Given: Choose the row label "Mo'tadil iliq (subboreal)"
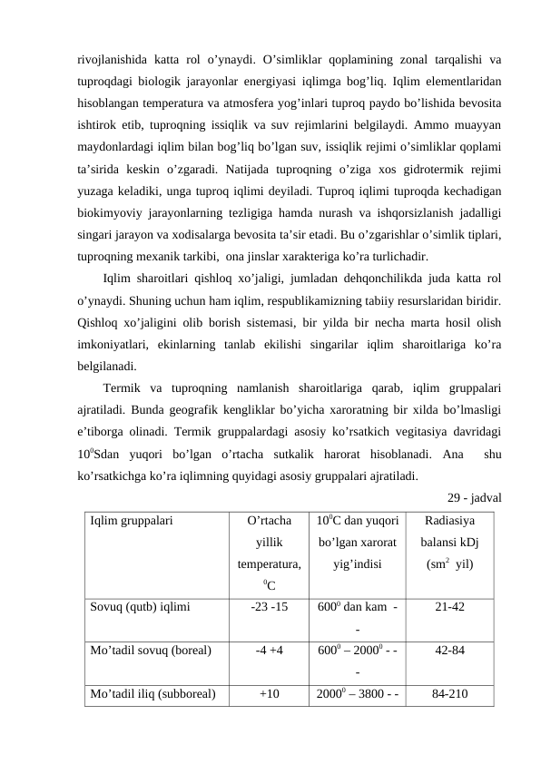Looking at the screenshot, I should [153, 695].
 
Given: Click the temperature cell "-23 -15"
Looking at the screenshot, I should [269, 607].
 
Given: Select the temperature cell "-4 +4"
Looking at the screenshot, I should [269, 650].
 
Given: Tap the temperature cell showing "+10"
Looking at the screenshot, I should [269, 695].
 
